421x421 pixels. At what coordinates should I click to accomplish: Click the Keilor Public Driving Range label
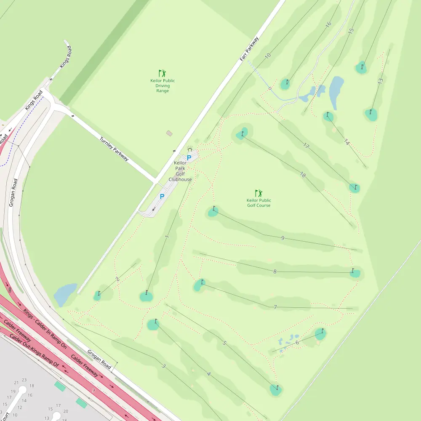[163, 85]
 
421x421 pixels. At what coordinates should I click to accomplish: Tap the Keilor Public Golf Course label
[258, 203]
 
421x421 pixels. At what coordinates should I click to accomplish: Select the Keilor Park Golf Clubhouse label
[180, 171]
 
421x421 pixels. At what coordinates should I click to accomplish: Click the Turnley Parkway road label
[114, 149]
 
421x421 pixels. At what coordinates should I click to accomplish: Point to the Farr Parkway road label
[249, 50]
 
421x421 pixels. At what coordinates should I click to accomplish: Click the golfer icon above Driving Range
[162, 73]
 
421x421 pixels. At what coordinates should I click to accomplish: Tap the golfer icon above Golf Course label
[258, 193]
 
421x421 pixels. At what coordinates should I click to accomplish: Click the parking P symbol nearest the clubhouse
[189, 158]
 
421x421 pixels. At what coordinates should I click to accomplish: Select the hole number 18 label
[303, 175]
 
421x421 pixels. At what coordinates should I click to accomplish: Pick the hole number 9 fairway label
[282, 238]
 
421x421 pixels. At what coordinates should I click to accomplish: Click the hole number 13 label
[380, 80]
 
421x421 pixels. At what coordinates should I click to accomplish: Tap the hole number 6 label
[297, 342]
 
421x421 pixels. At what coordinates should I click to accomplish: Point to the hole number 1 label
[167, 237]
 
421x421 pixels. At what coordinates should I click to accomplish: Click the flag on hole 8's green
[354, 270]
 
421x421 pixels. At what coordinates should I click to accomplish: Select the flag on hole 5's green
[277, 386]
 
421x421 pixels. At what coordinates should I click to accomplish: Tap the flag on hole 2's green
[99, 293]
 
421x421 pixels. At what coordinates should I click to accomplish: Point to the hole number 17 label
[306, 146]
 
